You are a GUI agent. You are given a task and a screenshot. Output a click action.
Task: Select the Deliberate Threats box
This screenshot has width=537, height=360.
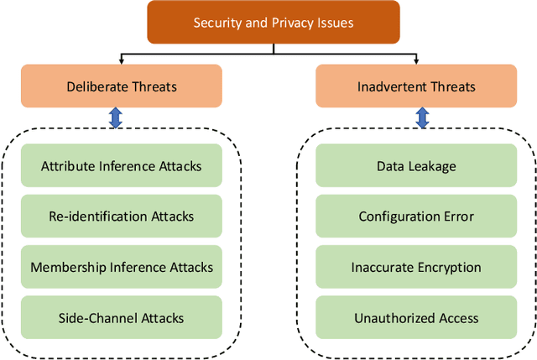(x=122, y=87)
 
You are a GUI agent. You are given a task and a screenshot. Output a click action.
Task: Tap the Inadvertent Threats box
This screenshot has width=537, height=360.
(x=416, y=87)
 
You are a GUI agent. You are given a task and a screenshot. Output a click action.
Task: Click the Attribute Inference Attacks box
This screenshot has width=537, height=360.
(x=122, y=166)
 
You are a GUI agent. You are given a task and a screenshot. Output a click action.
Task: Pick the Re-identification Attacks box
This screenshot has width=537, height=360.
(x=122, y=217)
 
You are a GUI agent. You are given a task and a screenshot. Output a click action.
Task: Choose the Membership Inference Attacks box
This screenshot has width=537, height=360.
(x=122, y=268)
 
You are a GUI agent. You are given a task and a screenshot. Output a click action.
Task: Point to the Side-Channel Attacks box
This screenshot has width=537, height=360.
(x=122, y=318)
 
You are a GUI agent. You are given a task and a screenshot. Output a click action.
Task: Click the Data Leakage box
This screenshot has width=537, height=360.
(x=416, y=166)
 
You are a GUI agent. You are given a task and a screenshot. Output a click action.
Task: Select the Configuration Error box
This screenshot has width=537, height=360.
(x=416, y=217)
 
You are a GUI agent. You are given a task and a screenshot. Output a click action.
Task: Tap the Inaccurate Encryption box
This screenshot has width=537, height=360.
(x=416, y=268)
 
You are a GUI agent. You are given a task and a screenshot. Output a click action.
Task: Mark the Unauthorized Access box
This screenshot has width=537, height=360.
(x=416, y=318)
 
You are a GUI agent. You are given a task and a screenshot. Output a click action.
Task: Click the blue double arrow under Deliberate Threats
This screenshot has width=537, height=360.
(x=116, y=118)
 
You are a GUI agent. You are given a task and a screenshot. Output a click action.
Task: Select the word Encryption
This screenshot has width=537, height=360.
(x=450, y=268)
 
